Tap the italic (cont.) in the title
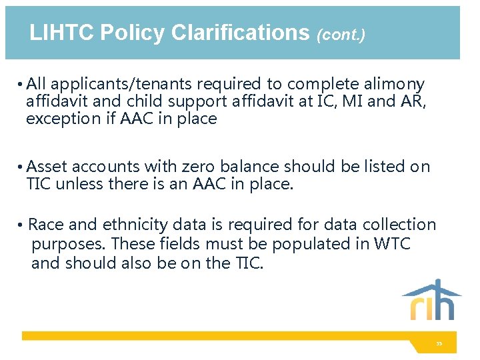pyautogui.click(x=341, y=35)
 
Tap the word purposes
pyautogui.click(x=67, y=244)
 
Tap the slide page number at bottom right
pyautogui.click(x=439, y=344)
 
